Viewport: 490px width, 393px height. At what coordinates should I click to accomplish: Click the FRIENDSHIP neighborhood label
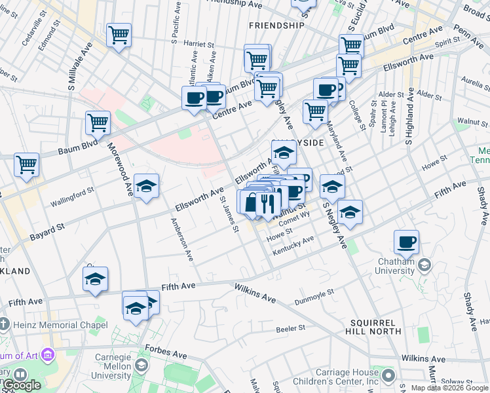click(276, 26)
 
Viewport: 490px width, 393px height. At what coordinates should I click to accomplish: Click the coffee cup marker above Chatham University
click(406, 242)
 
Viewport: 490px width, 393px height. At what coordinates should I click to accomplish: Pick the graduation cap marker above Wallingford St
click(147, 185)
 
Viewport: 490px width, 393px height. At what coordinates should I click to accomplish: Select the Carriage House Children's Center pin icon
click(388, 375)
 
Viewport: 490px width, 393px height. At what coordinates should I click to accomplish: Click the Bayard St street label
click(47, 230)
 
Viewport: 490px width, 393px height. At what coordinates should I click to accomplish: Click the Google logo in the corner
click(21, 384)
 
